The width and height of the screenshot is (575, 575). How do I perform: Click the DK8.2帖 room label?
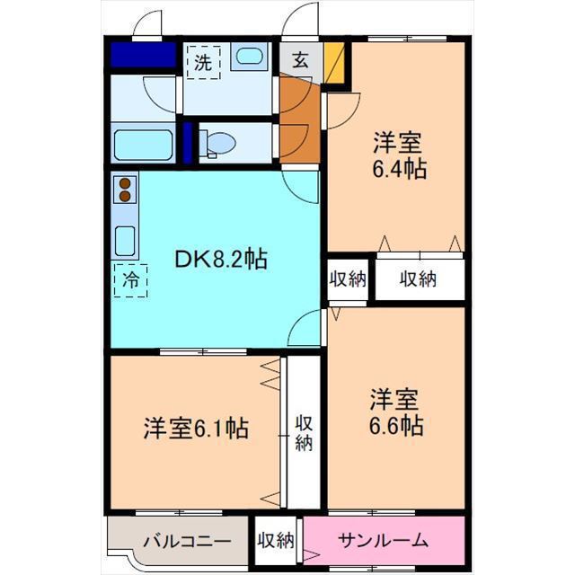click(x=219, y=260)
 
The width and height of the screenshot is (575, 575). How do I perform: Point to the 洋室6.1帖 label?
click(x=196, y=428)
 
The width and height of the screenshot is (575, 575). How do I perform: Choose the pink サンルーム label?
click(x=383, y=541)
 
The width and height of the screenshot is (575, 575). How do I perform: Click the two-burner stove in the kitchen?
click(x=125, y=190)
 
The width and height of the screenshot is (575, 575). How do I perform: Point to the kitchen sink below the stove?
click(x=125, y=239)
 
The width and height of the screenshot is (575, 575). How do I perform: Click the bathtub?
click(x=143, y=145)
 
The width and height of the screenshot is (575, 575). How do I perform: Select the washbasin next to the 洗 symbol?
click(x=246, y=57)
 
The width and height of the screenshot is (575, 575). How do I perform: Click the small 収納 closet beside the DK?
click(x=348, y=279)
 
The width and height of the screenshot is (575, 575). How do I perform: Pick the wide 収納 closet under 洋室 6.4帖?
click(x=420, y=279)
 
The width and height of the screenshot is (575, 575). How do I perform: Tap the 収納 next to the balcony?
click(x=277, y=541)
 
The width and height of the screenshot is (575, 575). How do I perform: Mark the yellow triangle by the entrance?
click(x=333, y=64)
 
